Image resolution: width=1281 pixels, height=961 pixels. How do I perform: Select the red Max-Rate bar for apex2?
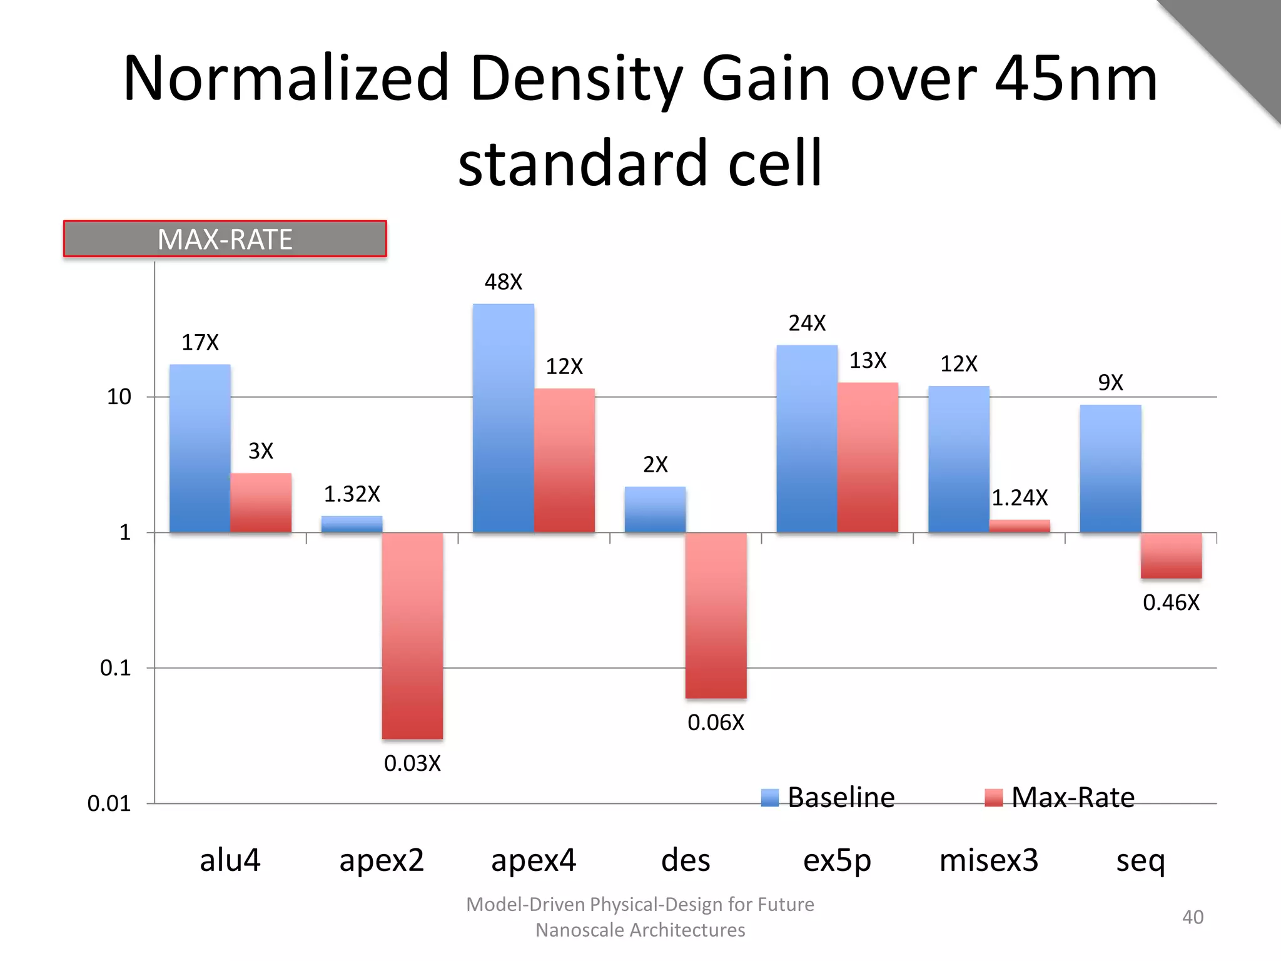click(x=412, y=635)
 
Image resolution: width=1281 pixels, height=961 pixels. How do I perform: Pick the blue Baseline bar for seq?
click(x=1110, y=469)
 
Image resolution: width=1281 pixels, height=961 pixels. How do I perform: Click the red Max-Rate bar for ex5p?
click(x=868, y=457)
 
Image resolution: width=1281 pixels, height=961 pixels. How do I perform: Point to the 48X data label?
click(x=503, y=282)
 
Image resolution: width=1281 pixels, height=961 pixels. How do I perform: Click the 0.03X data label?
click(x=412, y=764)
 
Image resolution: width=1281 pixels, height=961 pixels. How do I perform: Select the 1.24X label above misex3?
click(x=1020, y=498)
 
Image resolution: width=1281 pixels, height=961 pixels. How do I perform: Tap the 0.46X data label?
click(x=1171, y=603)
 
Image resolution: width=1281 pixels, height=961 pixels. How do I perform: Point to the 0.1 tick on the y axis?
click(x=116, y=668)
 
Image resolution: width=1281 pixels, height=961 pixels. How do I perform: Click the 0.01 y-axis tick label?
click(x=109, y=804)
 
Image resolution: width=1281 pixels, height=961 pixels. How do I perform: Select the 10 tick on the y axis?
click(x=119, y=397)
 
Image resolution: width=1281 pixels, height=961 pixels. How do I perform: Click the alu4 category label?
click(x=230, y=860)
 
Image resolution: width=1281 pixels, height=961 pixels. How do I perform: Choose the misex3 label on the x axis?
click(x=988, y=860)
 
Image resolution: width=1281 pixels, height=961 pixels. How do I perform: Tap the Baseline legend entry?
click(x=828, y=798)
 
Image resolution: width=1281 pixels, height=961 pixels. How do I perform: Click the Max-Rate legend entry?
click(x=1060, y=798)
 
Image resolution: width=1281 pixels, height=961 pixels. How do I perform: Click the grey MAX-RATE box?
click(x=225, y=239)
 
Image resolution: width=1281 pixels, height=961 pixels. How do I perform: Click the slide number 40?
click(x=1192, y=917)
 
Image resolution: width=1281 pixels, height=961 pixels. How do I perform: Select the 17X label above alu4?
click(x=200, y=343)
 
